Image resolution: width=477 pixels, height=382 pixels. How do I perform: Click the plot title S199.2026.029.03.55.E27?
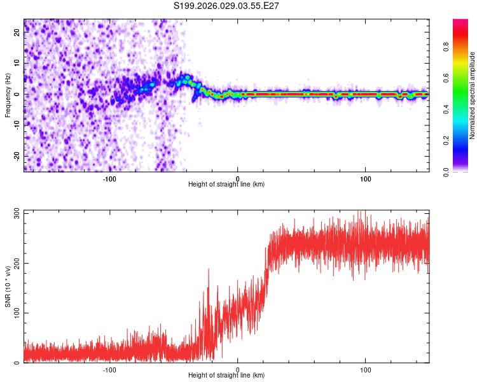227,6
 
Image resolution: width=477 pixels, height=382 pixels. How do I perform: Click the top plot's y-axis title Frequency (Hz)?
8,95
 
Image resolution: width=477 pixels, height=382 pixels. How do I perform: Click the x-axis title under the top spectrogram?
226,184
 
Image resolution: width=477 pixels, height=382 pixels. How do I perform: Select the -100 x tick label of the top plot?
109,178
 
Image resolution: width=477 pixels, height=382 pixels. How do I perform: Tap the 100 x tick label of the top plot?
366,178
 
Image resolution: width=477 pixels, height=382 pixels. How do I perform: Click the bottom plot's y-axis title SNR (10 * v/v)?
8,286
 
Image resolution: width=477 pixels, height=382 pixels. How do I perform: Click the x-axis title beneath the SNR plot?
226,376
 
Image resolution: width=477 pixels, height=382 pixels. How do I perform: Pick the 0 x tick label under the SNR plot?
237,369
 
